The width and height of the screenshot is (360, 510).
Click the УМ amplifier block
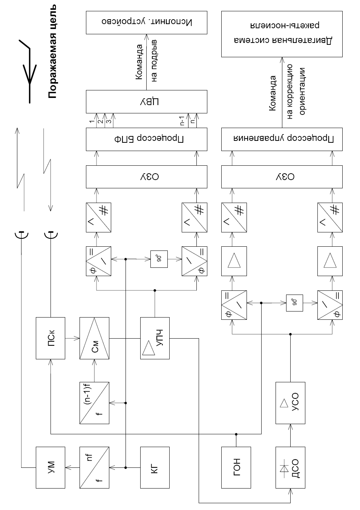[x=51, y=467]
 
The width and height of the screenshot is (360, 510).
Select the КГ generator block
[x=155, y=467]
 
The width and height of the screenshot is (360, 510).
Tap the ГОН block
[x=236, y=467]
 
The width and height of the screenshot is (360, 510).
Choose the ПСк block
[x=51, y=338]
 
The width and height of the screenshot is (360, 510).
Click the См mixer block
[x=94, y=338]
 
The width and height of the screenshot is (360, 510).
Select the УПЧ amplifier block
[x=155, y=338]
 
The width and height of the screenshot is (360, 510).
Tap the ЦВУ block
[x=146, y=101]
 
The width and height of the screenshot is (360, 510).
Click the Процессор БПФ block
[x=146, y=139]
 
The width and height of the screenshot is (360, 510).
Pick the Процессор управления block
[x=282, y=139]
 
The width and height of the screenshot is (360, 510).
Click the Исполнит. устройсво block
[x=146, y=23]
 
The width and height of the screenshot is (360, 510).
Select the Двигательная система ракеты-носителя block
[x=282, y=34]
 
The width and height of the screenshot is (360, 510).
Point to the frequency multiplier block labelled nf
[x=94, y=467]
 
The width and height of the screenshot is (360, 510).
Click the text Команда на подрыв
[x=146, y=62]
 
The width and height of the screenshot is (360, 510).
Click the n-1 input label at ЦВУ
[x=182, y=122]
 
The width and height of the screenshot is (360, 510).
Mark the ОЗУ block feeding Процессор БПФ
[x=146, y=176]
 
